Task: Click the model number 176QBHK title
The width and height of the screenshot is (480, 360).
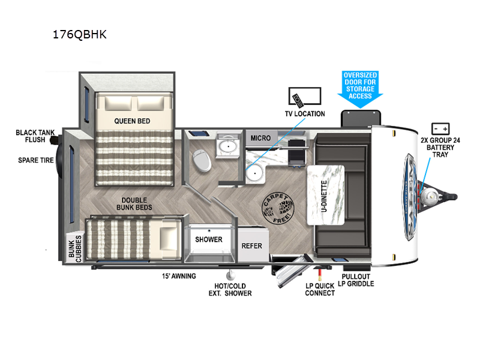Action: [80, 34]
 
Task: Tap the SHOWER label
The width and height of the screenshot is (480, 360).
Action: [209, 239]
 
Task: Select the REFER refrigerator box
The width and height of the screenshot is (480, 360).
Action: [251, 246]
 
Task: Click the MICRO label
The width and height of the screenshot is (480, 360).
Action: [261, 138]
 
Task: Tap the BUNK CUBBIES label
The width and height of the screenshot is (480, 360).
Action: [74, 246]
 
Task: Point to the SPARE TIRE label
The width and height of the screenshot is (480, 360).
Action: [37, 160]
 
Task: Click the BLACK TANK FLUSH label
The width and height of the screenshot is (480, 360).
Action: [34, 137]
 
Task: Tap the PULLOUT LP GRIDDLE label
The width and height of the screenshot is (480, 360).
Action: [358, 279]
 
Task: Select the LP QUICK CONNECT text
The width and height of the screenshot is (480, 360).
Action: [320, 289]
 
